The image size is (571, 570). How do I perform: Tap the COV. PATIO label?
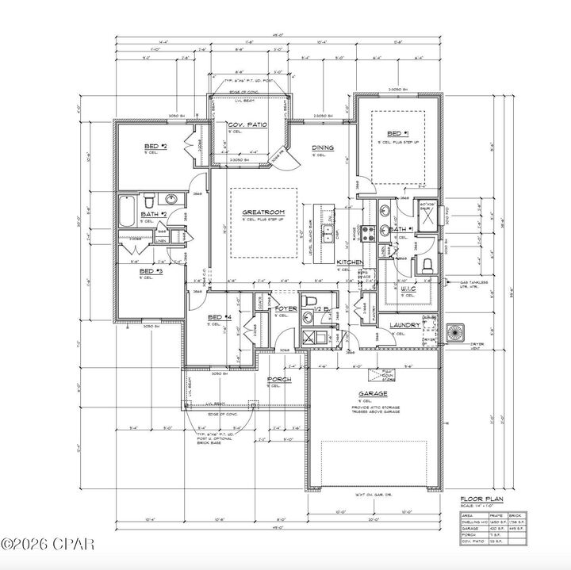coord(246,125)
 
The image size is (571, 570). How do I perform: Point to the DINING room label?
coord(323,148)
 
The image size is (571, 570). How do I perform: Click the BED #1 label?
coord(397,133)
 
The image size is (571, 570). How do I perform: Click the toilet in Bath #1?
coord(426,264)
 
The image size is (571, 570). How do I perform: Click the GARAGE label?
coord(373,394)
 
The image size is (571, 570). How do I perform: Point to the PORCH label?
coord(279,380)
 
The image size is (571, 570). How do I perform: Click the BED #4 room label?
coord(219,318)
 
